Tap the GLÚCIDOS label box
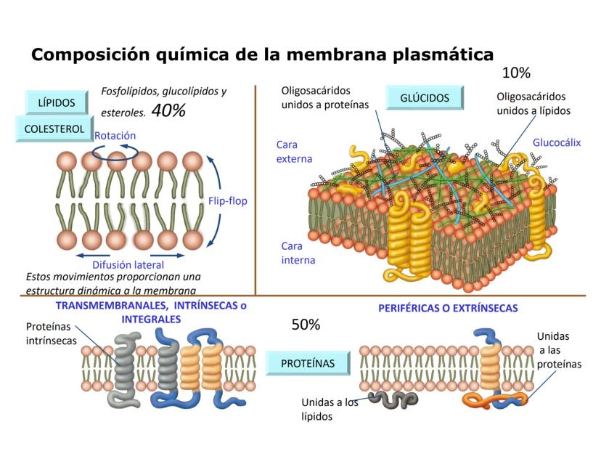point(425,97)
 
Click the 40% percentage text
point(168,111)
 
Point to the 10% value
point(516,73)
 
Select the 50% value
point(306,325)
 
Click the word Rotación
point(115,135)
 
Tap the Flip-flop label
point(228,201)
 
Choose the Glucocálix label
point(557,143)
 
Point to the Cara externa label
point(294,152)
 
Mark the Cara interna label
point(298,253)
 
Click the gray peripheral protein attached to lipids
point(393,398)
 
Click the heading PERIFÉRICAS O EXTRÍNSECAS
point(448,308)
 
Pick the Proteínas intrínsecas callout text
point(51,333)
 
